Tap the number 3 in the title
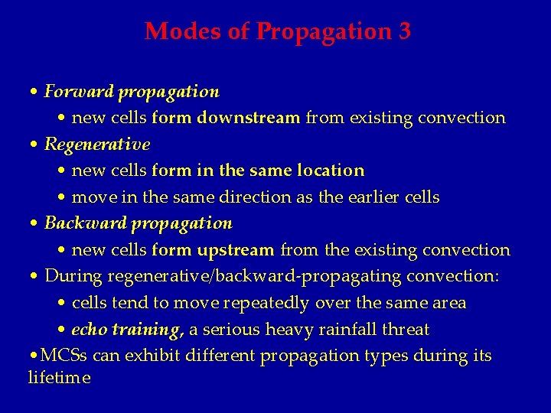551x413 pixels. click(405, 31)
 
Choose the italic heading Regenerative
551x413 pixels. click(97, 144)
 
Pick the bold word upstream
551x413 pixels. click(236, 250)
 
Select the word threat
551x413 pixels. click(405, 330)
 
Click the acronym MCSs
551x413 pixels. click(64, 356)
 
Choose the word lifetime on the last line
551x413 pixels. click(59, 378)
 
